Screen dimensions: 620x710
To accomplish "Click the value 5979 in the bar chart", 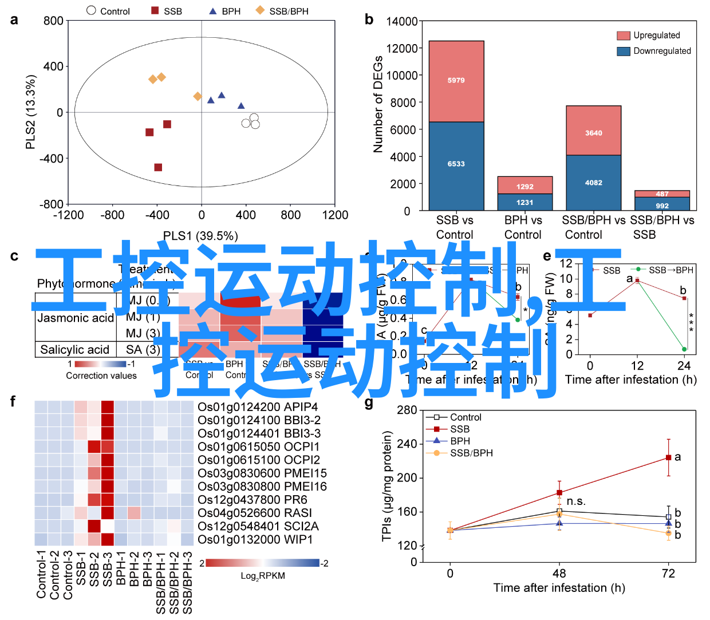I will [x=456, y=81].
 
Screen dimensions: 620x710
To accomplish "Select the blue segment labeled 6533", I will [x=456, y=164].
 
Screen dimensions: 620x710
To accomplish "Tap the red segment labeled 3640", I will [x=593, y=133].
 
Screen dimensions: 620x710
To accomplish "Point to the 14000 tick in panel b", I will [x=402, y=22].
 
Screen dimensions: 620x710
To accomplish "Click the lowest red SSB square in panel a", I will [x=158, y=167].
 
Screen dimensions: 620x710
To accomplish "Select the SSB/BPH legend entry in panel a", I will [x=283, y=11].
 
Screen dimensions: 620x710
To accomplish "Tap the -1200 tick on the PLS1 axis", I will [x=68, y=215].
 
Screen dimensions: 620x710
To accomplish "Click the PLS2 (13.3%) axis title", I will [x=31, y=112].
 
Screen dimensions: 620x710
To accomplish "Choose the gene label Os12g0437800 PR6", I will [x=253, y=500].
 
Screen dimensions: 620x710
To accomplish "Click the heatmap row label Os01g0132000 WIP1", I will [x=255, y=539].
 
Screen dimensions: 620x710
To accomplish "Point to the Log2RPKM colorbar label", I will [x=263, y=576].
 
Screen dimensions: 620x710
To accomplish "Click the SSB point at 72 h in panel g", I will [x=668, y=458].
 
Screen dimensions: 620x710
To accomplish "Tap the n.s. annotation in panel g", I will [x=576, y=502].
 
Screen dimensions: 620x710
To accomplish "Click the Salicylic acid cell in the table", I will [x=74, y=350].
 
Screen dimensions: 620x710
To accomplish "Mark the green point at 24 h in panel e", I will [x=684, y=349].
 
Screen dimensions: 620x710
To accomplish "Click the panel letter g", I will [x=369, y=404].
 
